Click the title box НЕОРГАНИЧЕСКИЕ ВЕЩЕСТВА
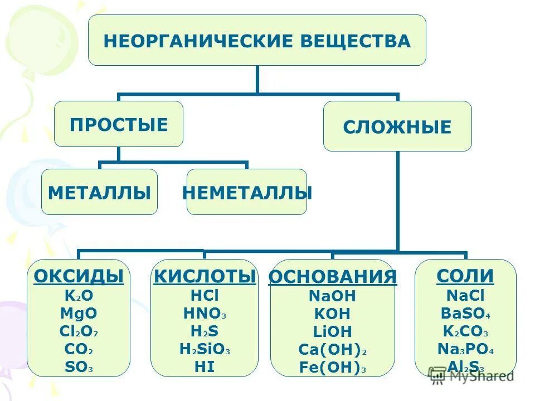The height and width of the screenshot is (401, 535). point(257,40)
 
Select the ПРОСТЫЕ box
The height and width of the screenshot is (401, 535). point(118,124)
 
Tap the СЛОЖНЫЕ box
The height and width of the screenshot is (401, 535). point(397,126)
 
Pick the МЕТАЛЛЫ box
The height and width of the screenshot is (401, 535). point(99,192)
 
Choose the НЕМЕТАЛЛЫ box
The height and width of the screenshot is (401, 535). point(247,192)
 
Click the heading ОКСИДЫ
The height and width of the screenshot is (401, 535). point(79,276)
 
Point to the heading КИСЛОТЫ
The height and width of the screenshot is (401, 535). point(205,276)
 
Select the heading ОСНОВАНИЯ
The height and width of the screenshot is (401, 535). point(332,276)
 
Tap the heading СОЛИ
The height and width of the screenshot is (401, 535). point(465,276)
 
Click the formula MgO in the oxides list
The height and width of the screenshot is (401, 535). point(79,314)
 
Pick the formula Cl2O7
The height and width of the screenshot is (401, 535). point(79,331)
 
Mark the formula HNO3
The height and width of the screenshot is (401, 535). point(205,314)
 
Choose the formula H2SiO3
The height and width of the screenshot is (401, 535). point(205,349)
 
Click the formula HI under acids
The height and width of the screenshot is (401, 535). point(205,367)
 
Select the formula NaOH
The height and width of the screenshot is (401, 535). point(332,296)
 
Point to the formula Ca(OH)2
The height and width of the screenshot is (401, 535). point(332,350)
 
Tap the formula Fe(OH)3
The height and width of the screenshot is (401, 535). point(332,368)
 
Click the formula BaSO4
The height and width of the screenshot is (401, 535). point(465,314)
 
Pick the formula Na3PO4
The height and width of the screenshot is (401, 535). point(465,350)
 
